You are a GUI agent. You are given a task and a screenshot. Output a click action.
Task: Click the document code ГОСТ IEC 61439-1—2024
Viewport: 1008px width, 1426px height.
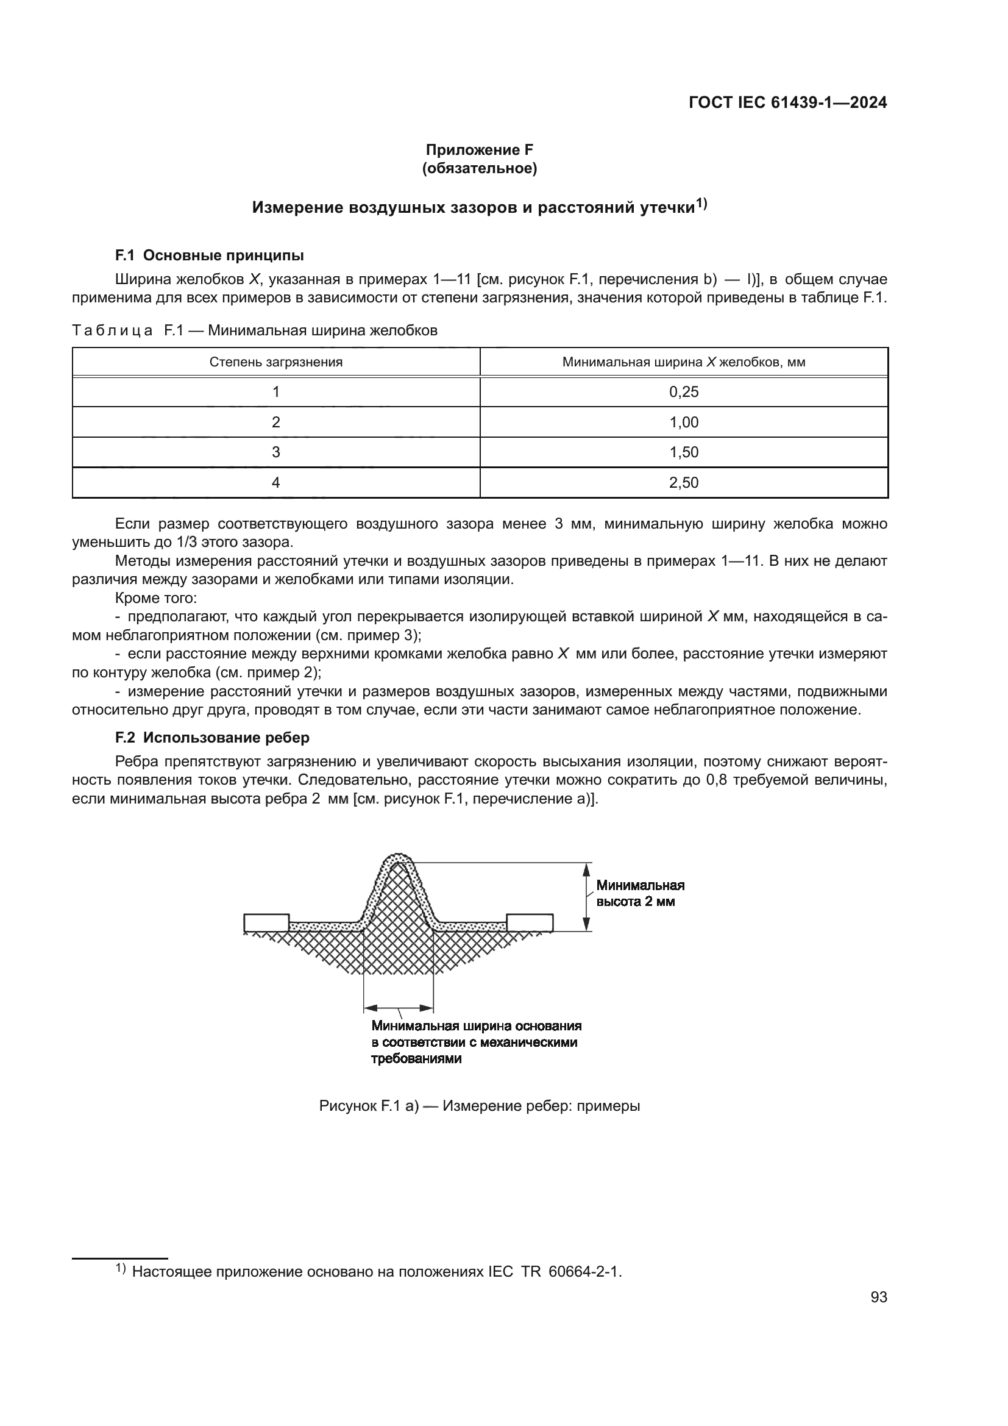[787, 102]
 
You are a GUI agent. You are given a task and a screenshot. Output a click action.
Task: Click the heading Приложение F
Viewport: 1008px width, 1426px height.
[479, 150]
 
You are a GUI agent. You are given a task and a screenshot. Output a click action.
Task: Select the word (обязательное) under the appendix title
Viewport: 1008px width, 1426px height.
[479, 168]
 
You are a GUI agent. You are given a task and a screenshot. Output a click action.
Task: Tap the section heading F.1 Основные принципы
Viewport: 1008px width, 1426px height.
[209, 255]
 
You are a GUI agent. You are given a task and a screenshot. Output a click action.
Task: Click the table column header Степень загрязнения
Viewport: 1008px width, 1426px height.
[275, 362]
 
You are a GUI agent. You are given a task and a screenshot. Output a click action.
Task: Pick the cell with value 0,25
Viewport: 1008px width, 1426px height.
[683, 392]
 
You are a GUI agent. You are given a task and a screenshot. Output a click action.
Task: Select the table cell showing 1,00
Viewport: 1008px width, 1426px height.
[683, 422]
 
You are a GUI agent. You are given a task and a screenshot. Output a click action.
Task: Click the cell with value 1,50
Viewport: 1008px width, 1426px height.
[683, 452]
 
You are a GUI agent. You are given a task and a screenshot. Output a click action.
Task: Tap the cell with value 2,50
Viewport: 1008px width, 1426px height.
[683, 483]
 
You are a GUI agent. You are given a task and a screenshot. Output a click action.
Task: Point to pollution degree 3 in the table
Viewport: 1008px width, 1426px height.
[275, 452]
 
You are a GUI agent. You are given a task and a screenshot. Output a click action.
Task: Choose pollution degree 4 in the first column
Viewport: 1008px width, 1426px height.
[275, 483]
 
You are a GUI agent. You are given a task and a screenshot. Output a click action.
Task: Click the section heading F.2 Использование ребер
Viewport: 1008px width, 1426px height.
[212, 737]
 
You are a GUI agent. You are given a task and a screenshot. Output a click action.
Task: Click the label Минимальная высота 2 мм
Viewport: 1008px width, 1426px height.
[639, 893]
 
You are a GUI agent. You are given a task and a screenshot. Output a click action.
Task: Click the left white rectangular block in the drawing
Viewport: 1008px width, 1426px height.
[266, 923]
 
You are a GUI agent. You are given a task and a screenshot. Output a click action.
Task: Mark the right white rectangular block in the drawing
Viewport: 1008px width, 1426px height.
[530, 923]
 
